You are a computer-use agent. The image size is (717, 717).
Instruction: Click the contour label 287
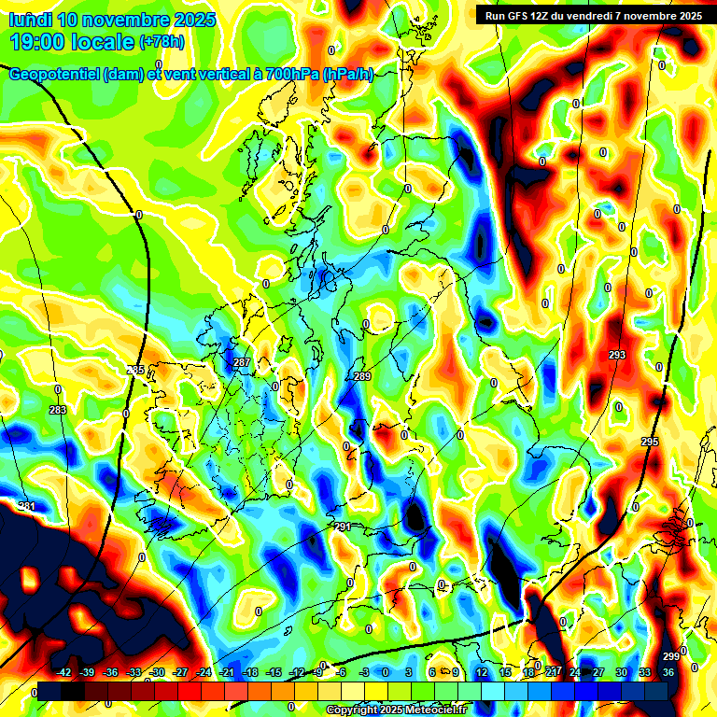coord(242,362)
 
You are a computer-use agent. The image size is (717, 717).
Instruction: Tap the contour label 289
coord(362,376)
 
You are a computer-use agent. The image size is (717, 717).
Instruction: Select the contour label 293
coord(616,356)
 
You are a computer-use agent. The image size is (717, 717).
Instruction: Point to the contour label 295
coord(650,442)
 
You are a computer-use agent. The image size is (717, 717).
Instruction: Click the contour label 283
coord(58,410)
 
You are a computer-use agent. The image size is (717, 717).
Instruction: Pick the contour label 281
coord(27,507)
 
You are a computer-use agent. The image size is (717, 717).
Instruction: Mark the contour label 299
coord(670,655)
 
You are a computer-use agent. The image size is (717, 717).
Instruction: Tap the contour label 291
coord(342,527)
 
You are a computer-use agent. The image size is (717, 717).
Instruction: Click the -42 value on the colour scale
coord(64,672)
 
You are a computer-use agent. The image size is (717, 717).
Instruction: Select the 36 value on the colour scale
coord(668,672)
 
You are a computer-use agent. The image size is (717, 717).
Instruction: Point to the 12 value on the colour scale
coord(482,672)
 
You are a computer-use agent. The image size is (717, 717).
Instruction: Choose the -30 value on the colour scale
coord(157,672)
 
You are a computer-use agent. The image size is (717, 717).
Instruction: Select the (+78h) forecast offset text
coord(162,42)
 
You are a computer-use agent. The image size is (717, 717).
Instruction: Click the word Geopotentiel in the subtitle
coord(55,75)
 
